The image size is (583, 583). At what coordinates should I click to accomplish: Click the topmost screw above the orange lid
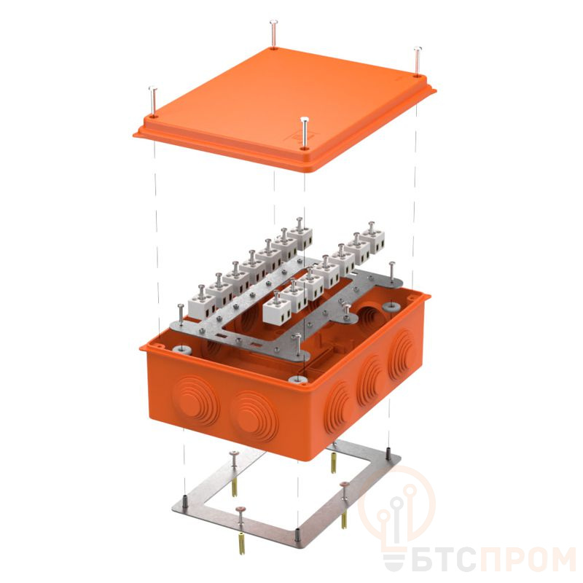point(274,34)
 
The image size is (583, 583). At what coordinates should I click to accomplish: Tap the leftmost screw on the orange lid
point(153,101)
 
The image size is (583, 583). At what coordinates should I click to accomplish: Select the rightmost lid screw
point(418,61)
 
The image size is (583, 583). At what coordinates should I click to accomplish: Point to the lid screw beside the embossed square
point(305,133)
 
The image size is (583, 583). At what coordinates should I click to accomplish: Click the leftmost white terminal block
point(202,304)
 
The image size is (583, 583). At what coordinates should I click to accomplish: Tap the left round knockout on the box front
point(195,398)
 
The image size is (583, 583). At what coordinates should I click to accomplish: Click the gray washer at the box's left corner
point(182,348)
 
